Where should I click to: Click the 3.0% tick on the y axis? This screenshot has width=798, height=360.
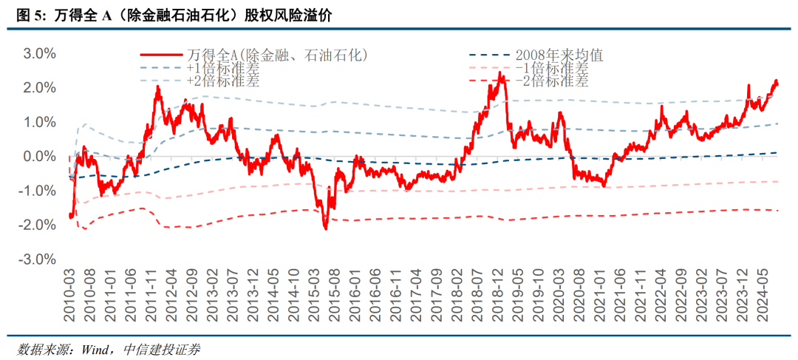point(40,54)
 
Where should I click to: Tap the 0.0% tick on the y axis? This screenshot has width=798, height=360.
point(40,157)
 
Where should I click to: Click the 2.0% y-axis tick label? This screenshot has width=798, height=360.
point(40,88)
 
